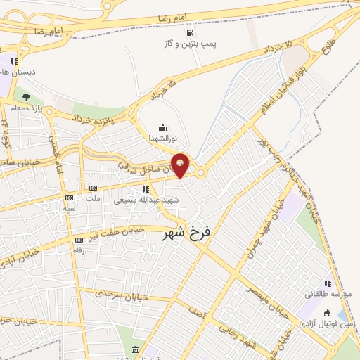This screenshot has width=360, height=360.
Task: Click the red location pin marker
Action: (x=180, y=165)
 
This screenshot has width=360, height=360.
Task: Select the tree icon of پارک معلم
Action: (x=27, y=97)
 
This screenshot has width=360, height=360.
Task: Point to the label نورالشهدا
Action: (x=163, y=138)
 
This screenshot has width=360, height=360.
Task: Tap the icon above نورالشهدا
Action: (x=163, y=127)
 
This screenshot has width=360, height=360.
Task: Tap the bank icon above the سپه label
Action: (x=69, y=198)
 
